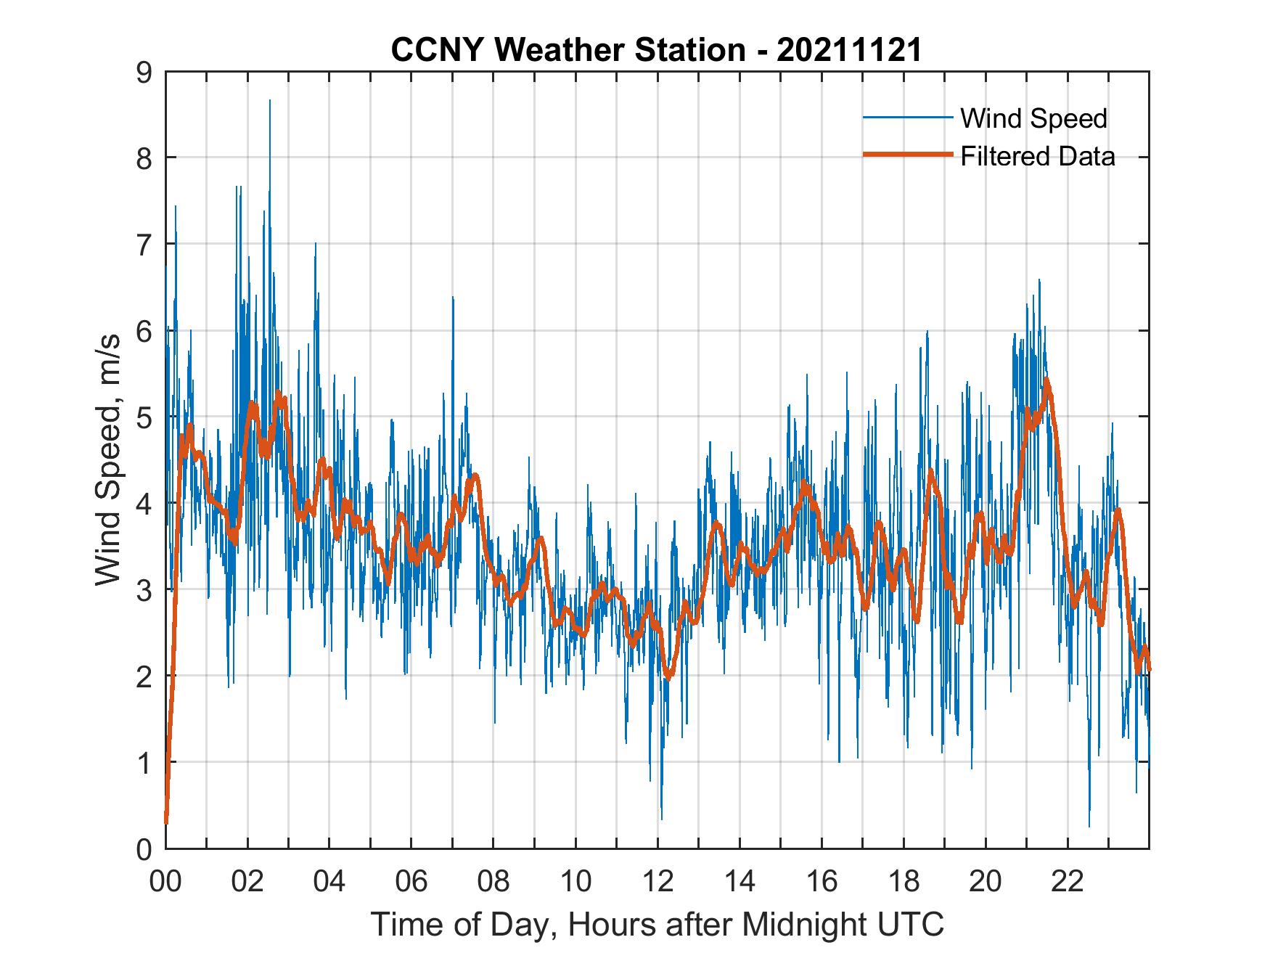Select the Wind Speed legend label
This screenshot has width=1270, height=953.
(1033, 118)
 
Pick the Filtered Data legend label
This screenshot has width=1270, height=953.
(1037, 156)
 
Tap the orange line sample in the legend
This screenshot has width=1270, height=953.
(907, 155)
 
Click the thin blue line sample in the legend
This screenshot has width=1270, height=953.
(907, 118)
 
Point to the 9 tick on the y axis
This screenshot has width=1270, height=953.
(144, 72)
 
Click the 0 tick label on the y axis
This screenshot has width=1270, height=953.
(144, 848)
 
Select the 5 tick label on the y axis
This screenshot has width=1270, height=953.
(144, 417)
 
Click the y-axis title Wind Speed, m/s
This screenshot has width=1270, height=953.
(108, 461)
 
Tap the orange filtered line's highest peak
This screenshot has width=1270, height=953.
(1046, 380)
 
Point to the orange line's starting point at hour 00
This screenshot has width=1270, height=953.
(166, 822)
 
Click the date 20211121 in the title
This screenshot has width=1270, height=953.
(849, 49)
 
